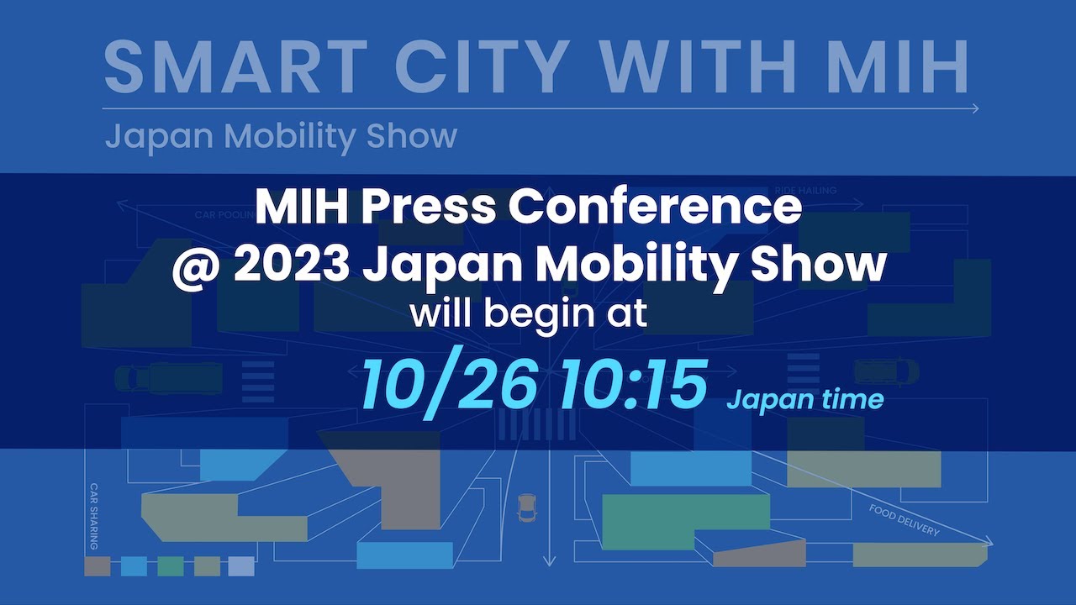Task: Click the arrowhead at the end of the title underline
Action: (x=974, y=108)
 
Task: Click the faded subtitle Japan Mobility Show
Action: (x=281, y=136)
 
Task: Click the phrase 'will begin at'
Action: (x=528, y=314)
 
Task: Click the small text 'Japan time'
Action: (x=804, y=399)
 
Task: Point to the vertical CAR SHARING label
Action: (x=94, y=516)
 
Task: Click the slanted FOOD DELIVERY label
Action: (x=904, y=520)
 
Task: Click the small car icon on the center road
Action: (x=527, y=508)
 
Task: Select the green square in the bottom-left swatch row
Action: (x=171, y=566)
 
